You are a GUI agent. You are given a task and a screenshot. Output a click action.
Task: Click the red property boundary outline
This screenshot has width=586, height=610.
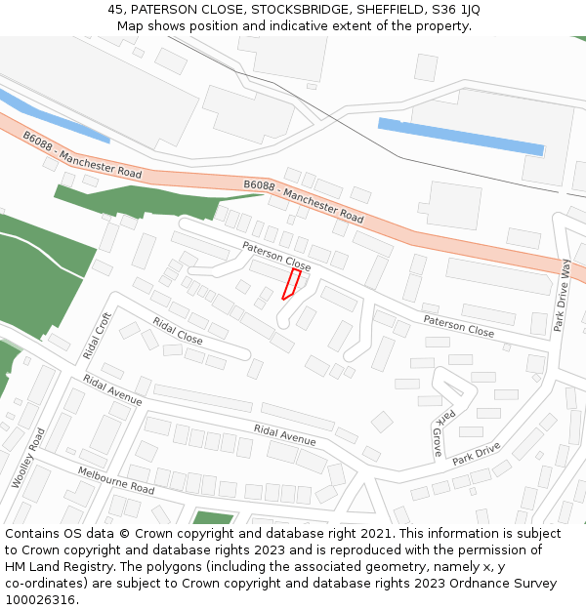(x=290, y=284)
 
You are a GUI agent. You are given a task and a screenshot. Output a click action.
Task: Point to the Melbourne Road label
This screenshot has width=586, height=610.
(x=115, y=480)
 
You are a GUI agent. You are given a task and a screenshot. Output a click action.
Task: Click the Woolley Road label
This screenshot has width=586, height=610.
(x=28, y=458)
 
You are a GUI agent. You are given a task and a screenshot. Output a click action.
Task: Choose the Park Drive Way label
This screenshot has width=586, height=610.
(x=562, y=296)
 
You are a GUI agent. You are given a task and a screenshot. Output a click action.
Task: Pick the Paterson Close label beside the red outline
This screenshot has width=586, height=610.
(x=276, y=257)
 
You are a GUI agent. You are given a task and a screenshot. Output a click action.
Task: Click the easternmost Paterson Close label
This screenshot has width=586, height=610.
(x=458, y=325)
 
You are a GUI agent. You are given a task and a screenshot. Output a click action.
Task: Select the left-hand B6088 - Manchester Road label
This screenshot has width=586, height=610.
(x=83, y=157)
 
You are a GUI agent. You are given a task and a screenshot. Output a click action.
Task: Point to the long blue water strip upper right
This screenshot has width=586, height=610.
(x=460, y=137)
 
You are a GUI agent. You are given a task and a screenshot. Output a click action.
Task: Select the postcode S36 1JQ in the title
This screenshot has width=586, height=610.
(x=456, y=10)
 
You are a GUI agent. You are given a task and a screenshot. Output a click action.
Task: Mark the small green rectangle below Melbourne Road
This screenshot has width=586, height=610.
(x=213, y=518)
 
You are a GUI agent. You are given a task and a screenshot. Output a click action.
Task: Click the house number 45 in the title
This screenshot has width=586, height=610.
(x=115, y=10)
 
